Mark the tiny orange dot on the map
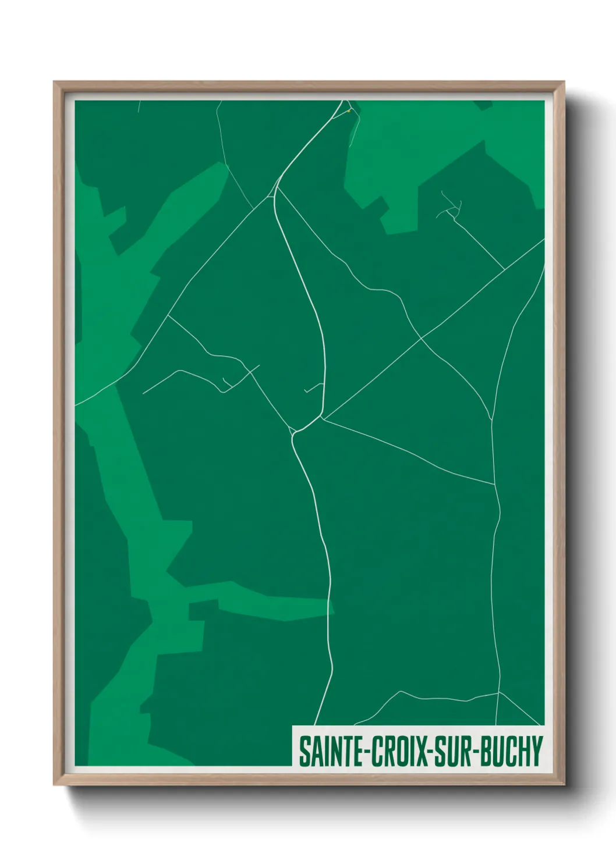pyautogui.click(x=348, y=111)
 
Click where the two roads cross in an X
pyautogui.click(x=421, y=337)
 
